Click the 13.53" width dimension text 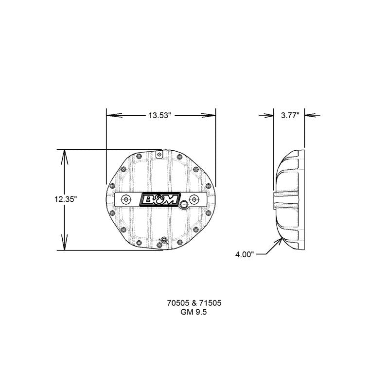161,115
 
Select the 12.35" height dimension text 66,199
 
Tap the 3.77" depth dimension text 290,115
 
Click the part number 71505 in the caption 212,302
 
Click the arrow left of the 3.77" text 268,115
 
